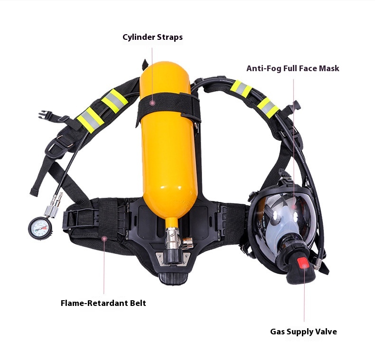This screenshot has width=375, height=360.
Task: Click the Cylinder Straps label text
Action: pos(152,37)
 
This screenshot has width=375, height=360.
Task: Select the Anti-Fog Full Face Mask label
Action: pos(292,68)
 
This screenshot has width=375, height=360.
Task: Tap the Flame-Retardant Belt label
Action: pos(103,303)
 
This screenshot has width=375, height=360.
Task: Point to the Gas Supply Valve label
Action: pos(303,332)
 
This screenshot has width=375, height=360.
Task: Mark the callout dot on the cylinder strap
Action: pos(153,102)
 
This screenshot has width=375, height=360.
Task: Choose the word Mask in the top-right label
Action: pos(329,68)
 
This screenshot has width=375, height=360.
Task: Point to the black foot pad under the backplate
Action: pos(174,278)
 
